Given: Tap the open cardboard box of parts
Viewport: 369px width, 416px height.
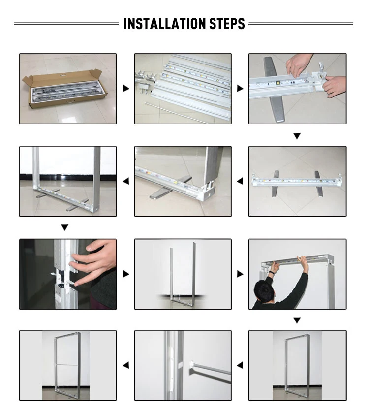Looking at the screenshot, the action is [65, 88].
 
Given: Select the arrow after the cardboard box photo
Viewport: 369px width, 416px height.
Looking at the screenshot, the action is [126, 88].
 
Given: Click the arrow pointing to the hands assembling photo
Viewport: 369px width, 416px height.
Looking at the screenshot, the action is [240, 88].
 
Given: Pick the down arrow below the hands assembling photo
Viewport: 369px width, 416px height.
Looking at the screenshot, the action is [297, 136].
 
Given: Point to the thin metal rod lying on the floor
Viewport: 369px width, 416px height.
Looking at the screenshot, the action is [176, 113].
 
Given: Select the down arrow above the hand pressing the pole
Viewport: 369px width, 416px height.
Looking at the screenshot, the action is [64, 227].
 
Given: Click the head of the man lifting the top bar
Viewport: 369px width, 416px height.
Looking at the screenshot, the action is [264, 291].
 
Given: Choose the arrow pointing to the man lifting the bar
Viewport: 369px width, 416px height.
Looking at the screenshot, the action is [240, 274].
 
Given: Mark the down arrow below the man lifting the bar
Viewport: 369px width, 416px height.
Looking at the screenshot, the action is [297, 320].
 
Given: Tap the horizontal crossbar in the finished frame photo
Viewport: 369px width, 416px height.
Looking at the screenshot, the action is [67, 364].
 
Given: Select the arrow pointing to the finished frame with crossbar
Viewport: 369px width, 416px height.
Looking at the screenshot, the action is [126, 365].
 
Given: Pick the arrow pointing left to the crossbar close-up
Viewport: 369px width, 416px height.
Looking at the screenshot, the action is [240, 365].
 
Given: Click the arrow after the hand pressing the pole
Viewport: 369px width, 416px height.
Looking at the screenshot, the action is [126, 274].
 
